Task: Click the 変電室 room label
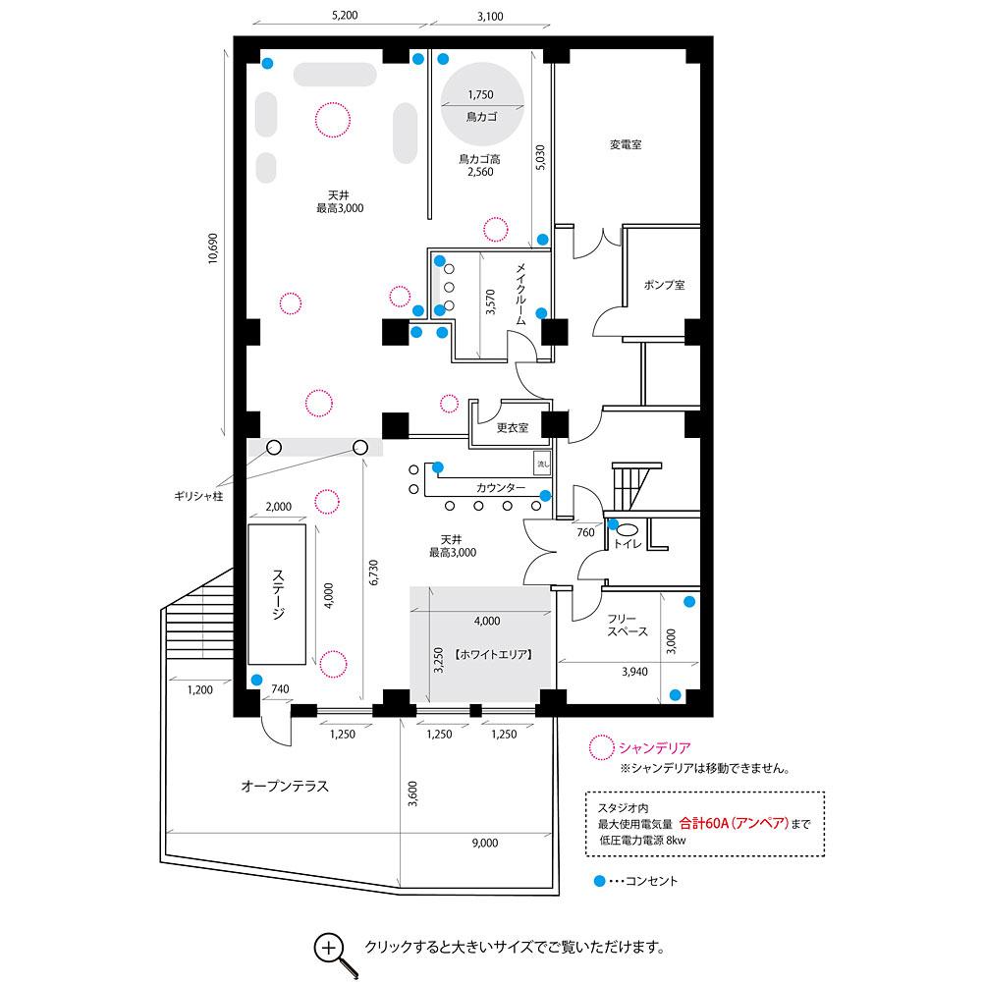626,144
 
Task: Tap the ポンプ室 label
664,284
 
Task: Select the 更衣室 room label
513,427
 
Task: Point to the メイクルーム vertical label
520,294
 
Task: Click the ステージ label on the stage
278,594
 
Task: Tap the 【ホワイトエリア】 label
493,655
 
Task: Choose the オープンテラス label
285,787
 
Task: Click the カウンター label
501,488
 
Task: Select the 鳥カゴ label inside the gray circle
481,117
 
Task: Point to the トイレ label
628,543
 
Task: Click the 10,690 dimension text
213,248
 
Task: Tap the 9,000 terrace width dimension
485,843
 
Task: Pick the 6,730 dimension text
373,573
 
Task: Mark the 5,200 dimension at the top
345,15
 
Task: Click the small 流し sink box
543,465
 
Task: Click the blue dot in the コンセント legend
599,881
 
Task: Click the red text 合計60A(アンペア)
734,823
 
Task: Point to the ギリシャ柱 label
198,496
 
